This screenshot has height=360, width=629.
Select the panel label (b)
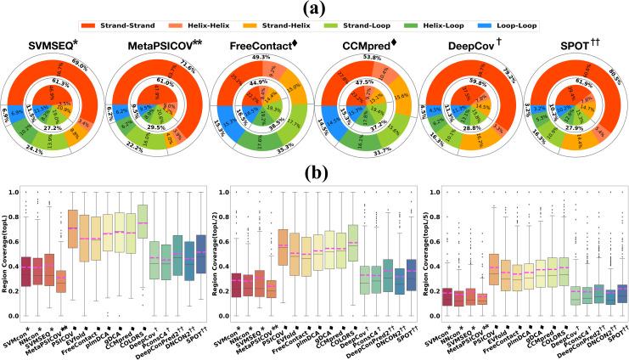[313, 177]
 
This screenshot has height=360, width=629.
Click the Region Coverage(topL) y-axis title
[8, 246]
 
